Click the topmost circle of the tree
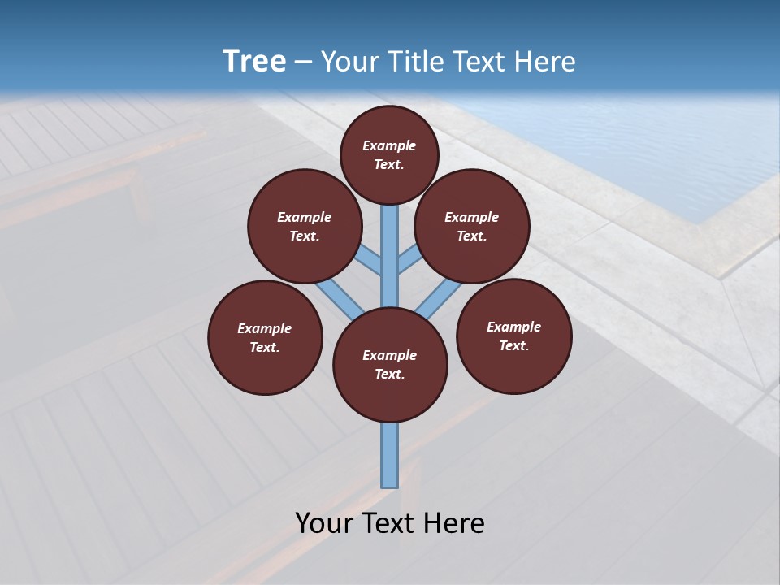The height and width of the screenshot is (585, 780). [389, 154]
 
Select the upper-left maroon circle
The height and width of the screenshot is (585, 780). [304, 226]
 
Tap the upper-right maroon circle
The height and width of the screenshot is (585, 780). [472, 226]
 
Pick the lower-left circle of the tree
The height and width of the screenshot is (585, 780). [265, 337]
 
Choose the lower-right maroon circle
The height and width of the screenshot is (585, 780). [513, 336]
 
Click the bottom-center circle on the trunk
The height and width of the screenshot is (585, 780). [390, 365]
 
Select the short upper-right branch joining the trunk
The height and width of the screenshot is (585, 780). [409, 260]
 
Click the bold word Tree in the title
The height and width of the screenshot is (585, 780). [254, 61]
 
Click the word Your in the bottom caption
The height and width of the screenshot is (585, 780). [323, 523]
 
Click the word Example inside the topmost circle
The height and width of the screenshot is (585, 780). [389, 145]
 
